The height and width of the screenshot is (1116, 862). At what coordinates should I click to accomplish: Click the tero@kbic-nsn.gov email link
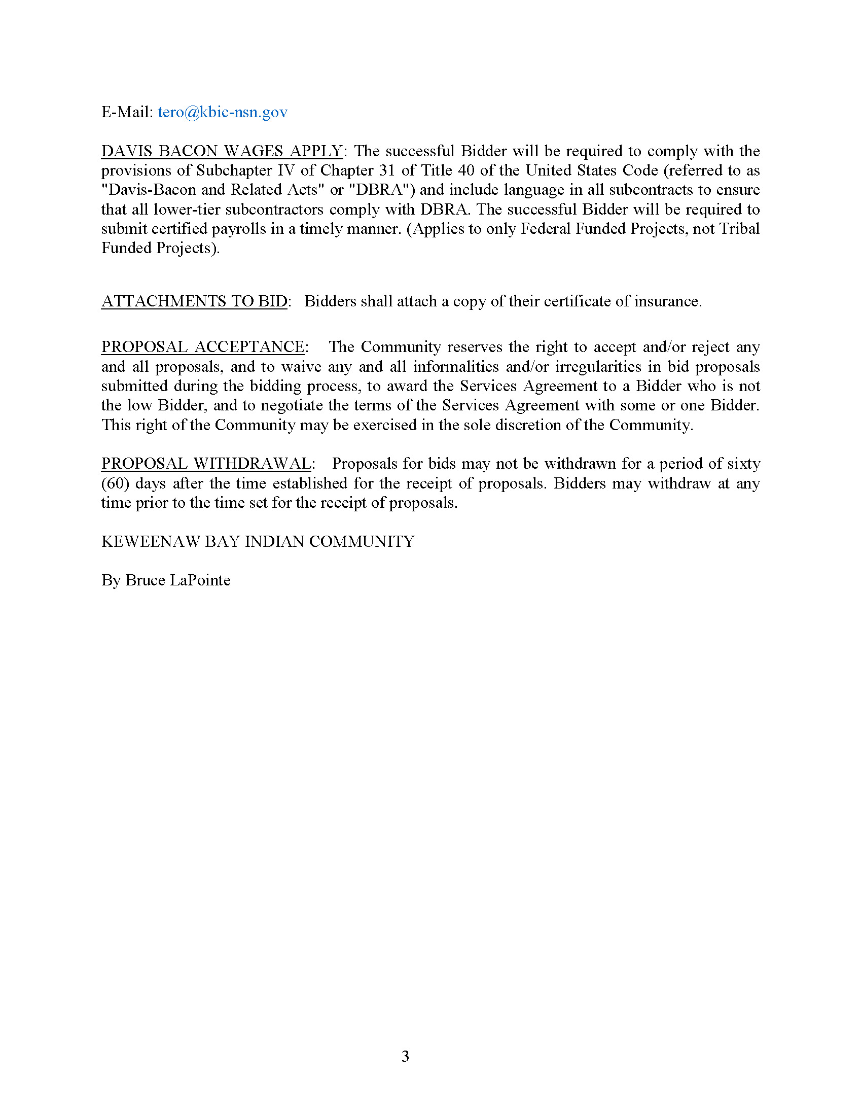(x=222, y=112)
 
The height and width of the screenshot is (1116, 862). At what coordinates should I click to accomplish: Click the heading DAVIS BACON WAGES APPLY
(x=222, y=151)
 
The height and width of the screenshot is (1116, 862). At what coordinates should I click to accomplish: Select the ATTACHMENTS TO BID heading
(x=194, y=301)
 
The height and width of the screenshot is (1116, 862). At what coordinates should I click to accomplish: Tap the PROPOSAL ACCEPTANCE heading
(x=203, y=347)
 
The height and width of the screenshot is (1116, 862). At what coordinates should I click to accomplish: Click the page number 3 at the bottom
(x=405, y=1056)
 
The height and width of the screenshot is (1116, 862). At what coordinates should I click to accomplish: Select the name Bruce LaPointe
(x=177, y=580)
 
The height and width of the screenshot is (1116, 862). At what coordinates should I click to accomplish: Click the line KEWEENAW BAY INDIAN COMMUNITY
(x=258, y=542)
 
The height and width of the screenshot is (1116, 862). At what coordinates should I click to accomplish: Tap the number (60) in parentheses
(x=115, y=483)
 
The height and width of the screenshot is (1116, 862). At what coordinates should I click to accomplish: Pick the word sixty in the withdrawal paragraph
(x=743, y=464)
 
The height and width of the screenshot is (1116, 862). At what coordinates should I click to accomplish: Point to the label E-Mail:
(x=127, y=112)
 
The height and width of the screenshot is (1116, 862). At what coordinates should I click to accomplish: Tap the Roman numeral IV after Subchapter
(x=286, y=170)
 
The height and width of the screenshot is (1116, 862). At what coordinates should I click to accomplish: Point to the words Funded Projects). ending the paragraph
(x=160, y=249)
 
